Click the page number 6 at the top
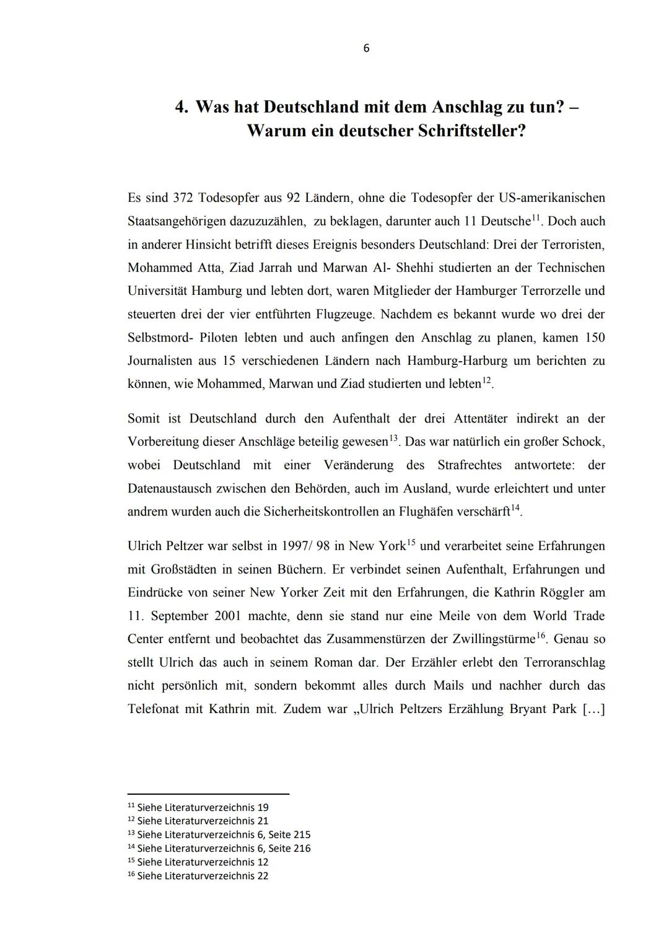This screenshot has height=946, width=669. (x=366, y=48)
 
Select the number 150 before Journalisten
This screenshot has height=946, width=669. (x=594, y=338)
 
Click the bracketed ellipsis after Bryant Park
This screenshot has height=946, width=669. (x=593, y=709)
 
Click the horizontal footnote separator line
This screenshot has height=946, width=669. (x=208, y=794)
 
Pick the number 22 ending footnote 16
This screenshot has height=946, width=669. (x=262, y=875)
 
